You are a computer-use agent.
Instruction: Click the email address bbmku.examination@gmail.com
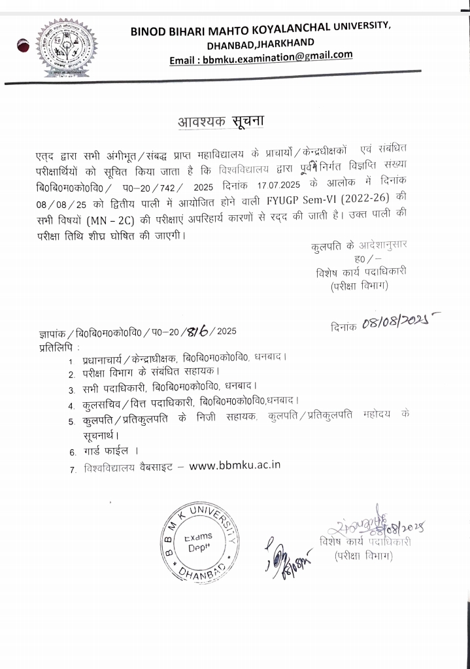pos(261,58)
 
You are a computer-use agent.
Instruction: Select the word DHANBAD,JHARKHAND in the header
pos(261,43)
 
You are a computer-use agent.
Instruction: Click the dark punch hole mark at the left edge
pos(24,46)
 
